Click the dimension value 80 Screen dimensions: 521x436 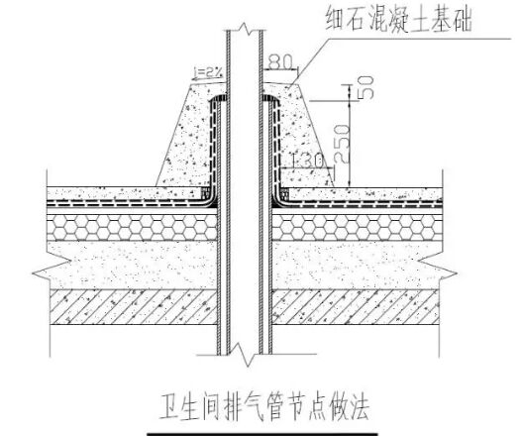click(281, 61)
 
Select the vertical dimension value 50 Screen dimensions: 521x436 click(365, 87)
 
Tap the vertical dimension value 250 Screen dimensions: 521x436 click(342, 144)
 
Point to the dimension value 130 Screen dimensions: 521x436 click(307, 161)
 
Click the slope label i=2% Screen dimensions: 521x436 click(207, 71)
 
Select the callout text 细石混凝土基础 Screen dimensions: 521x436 click(399, 20)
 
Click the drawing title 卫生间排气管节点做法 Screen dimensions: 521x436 click(264, 407)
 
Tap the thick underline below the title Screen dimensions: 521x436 click(262, 434)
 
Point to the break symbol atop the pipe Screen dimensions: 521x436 click(245, 29)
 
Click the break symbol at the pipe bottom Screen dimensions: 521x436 click(246, 355)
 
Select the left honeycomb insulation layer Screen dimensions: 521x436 click(132, 227)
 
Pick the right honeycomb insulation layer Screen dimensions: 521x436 click(358, 227)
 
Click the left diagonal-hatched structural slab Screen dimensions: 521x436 click(134, 307)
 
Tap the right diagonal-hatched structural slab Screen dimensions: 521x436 click(356, 307)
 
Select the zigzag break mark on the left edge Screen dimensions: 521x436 click(50, 271)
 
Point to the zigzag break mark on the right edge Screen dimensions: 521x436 click(438, 271)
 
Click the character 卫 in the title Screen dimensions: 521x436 click(168, 407)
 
